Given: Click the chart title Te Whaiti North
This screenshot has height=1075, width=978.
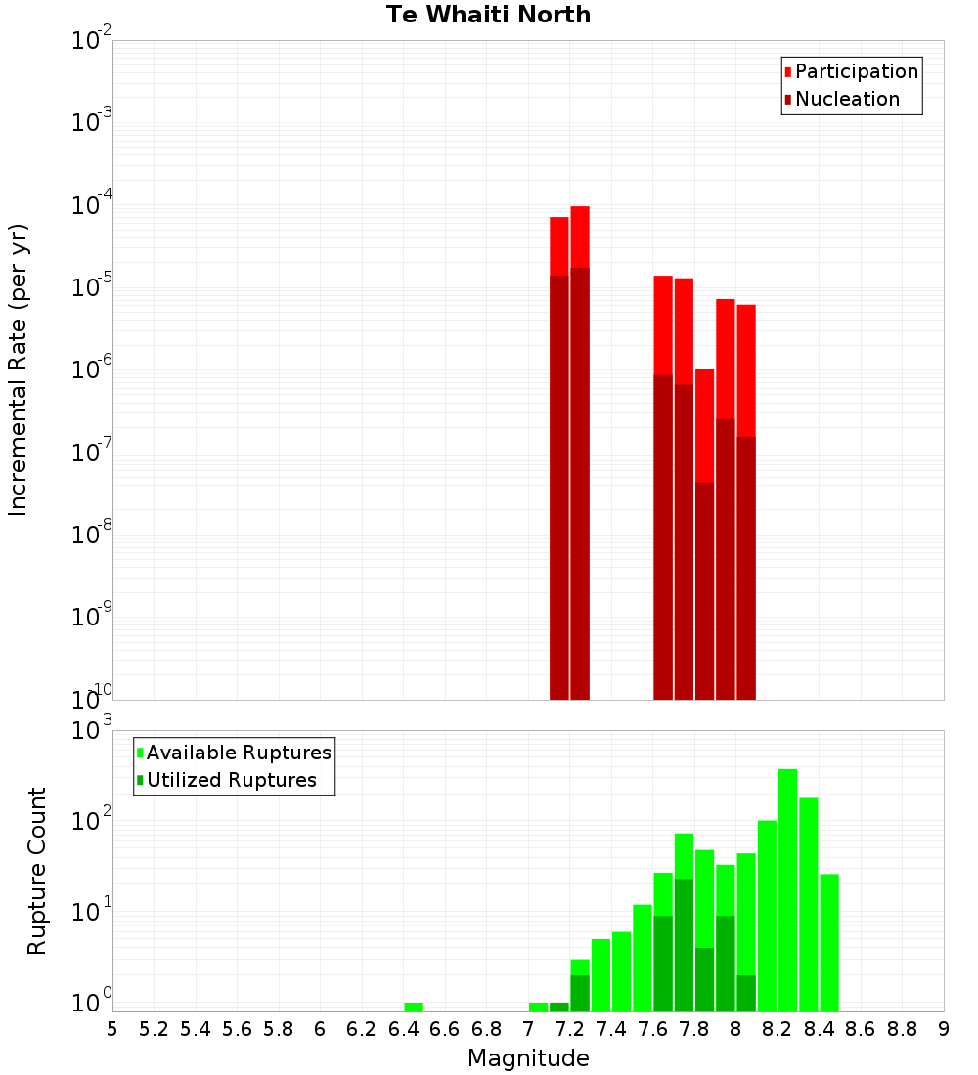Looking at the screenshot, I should tap(488, 15).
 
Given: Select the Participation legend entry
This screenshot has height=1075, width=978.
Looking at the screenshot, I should tap(856, 71).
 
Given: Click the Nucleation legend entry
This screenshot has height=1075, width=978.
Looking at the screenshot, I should tap(847, 99).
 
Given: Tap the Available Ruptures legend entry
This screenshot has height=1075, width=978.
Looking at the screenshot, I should tap(239, 752).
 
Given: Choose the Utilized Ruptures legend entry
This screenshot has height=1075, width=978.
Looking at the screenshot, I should tap(231, 780).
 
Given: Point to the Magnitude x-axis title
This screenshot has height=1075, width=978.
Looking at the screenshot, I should tap(528, 1058).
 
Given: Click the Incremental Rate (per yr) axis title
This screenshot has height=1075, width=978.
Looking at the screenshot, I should tap(19, 369).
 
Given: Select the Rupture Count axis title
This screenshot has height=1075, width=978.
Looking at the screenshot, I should tap(37, 871).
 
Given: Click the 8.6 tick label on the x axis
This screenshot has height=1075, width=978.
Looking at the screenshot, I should tap(861, 1029).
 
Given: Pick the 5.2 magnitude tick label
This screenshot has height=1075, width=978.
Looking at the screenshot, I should tap(155, 1029).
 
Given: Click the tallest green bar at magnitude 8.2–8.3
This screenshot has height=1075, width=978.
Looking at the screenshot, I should tap(787, 889).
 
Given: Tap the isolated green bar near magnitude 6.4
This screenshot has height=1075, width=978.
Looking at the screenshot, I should tap(414, 1007).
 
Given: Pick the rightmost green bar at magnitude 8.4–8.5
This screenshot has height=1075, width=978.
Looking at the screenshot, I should tap(829, 942).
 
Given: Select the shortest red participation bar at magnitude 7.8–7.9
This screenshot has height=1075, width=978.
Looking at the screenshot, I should tap(704, 425).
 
